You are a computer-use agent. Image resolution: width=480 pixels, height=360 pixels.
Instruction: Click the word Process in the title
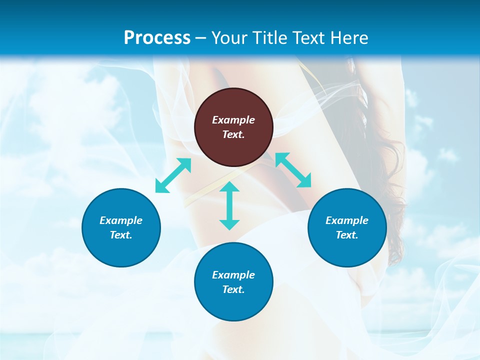(x=157, y=38)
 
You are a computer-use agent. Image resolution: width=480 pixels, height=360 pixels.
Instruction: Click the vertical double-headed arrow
(x=229, y=206)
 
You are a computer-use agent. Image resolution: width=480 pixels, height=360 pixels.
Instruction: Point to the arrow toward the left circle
(x=173, y=175)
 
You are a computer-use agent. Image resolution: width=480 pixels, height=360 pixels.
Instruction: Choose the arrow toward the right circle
(x=293, y=170)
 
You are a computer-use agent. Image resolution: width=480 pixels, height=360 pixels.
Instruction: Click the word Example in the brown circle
(x=233, y=120)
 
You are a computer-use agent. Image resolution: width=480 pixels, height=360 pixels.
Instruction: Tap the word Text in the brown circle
(x=233, y=134)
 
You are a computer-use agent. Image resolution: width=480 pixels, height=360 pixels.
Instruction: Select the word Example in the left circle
(x=121, y=220)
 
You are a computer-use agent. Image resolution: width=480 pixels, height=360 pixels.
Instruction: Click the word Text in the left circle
(x=121, y=235)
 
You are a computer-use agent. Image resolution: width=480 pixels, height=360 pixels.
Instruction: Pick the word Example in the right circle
(x=347, y=220)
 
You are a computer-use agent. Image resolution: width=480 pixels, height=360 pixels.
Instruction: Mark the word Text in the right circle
(x=347, y=235)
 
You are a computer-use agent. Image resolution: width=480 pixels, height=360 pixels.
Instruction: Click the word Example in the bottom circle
(x=233, y=275)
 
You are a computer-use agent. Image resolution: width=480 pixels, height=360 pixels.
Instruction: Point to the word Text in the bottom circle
(x=233, y=289)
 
